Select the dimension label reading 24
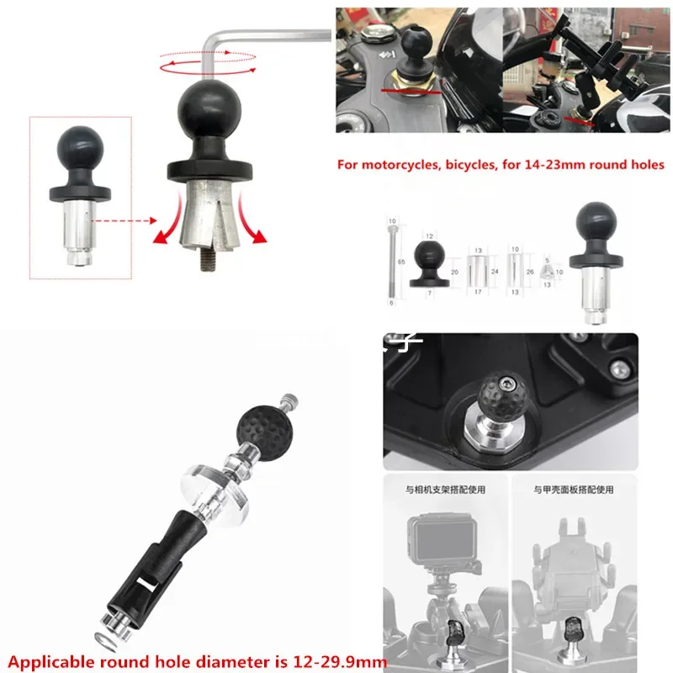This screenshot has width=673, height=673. [494, 272]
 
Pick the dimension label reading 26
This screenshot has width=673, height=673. [529, 272]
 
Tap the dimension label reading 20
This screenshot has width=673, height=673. [455, 273]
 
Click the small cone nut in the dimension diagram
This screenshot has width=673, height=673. [547, 272]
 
